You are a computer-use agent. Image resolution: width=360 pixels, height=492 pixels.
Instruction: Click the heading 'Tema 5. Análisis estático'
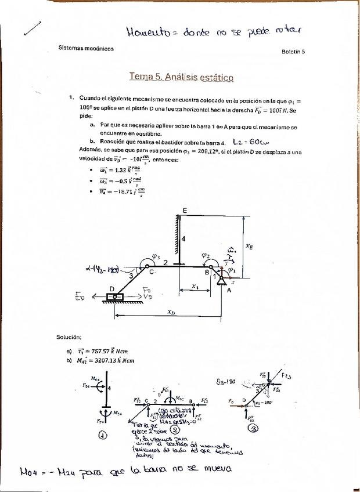181,77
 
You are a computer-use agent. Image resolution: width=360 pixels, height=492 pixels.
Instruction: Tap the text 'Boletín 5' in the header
293,52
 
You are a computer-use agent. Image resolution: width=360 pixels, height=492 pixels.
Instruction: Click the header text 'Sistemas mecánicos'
86,48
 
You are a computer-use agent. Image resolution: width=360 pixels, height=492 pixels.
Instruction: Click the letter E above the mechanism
185,209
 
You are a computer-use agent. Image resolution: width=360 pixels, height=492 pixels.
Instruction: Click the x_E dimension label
249,246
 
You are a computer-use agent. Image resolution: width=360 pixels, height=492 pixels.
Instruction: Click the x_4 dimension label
195,286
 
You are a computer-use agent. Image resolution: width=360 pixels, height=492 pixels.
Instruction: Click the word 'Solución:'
69,337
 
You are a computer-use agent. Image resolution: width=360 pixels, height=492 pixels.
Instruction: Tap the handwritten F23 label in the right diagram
287,375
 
